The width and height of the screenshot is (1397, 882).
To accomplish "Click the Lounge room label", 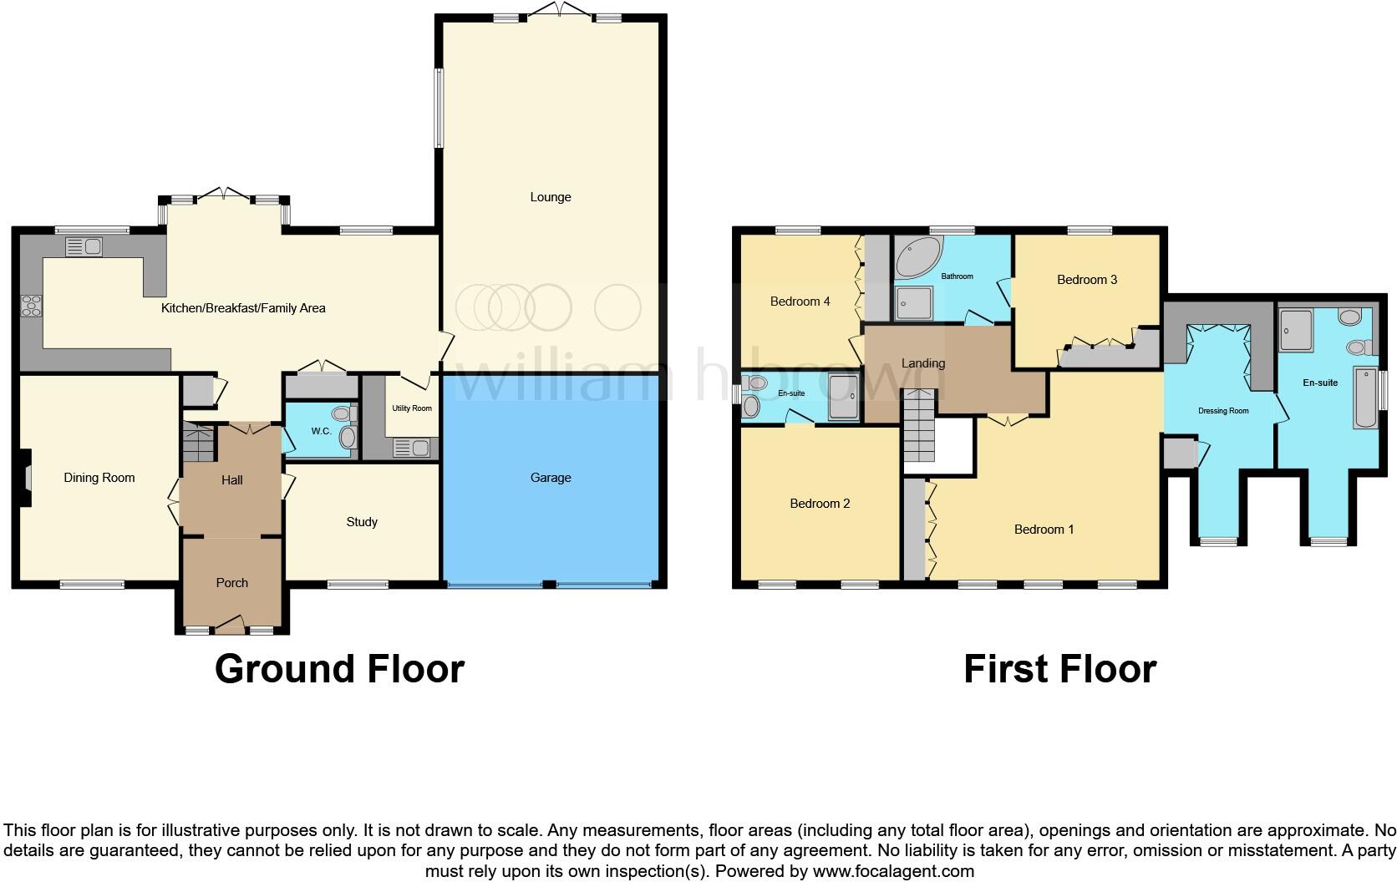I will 550,197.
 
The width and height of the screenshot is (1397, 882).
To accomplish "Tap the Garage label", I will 551,478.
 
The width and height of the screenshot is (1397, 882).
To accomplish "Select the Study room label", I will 362,522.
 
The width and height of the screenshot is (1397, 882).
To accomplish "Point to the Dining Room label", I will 99,478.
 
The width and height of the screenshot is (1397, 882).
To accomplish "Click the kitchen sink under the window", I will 83,246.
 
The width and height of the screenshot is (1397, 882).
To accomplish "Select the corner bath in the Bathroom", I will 917,257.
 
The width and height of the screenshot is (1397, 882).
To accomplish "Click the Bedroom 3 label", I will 1086,280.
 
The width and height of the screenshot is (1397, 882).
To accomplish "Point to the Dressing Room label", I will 1223,411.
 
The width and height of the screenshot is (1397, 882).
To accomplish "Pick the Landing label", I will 922,363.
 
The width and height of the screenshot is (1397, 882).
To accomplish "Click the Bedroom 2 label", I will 820,504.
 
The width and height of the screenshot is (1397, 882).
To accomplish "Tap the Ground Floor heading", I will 339,669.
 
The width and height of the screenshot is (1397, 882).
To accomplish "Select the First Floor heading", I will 1059,669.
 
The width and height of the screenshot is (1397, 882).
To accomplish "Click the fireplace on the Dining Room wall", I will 25,478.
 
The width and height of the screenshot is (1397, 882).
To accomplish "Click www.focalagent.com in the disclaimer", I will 892,871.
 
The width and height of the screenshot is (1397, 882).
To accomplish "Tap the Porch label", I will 232,583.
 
